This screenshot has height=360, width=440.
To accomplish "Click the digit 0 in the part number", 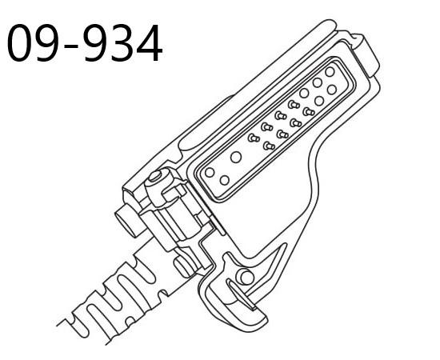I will [x=22, y=44].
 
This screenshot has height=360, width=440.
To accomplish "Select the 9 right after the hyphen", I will [x=98, y=44].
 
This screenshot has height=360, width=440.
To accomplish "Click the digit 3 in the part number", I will [x=124, y=44].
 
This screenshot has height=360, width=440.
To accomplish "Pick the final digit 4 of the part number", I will [x=150, y=44].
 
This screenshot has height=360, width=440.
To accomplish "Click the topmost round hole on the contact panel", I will [x=330, y=72].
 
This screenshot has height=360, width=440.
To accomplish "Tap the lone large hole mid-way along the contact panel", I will [x=236, y=157].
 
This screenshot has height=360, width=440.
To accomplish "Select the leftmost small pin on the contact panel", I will [x=254, y=138].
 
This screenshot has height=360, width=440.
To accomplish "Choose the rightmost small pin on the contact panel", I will [x=309, y=111].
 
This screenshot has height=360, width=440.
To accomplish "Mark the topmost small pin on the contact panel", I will [x=294, y=104].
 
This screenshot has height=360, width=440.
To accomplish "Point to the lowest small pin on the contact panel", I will [x=270, y=146].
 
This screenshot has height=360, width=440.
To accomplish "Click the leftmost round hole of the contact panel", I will [x=210, y=172].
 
